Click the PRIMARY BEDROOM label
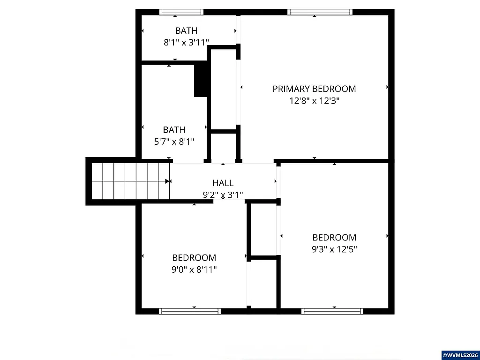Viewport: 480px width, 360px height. [314, 89]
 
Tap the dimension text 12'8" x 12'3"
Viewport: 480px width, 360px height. [314, 100]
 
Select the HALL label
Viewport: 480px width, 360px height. [223, 183]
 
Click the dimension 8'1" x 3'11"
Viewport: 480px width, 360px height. [186, 42]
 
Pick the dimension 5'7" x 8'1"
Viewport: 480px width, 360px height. [174, 141]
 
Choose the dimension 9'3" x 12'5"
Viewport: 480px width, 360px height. [334, 249]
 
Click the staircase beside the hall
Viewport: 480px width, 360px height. [129, 180]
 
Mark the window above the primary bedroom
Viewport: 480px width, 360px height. [319, 12]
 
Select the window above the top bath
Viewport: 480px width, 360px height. [181, 12]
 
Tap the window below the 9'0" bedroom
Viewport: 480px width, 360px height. [190, 311]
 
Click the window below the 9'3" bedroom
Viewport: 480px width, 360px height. [332, 311]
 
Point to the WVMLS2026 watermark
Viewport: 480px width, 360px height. [459, 354]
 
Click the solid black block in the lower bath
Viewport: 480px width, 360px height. [201, 80]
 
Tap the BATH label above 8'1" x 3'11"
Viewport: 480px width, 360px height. [186, 30]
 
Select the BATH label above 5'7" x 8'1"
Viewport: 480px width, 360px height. [174, 129]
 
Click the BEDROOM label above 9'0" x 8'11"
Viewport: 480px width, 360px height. [194, 257]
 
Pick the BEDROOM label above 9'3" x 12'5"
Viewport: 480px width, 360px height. [334, 237]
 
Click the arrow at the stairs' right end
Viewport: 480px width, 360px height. [168, 180]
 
